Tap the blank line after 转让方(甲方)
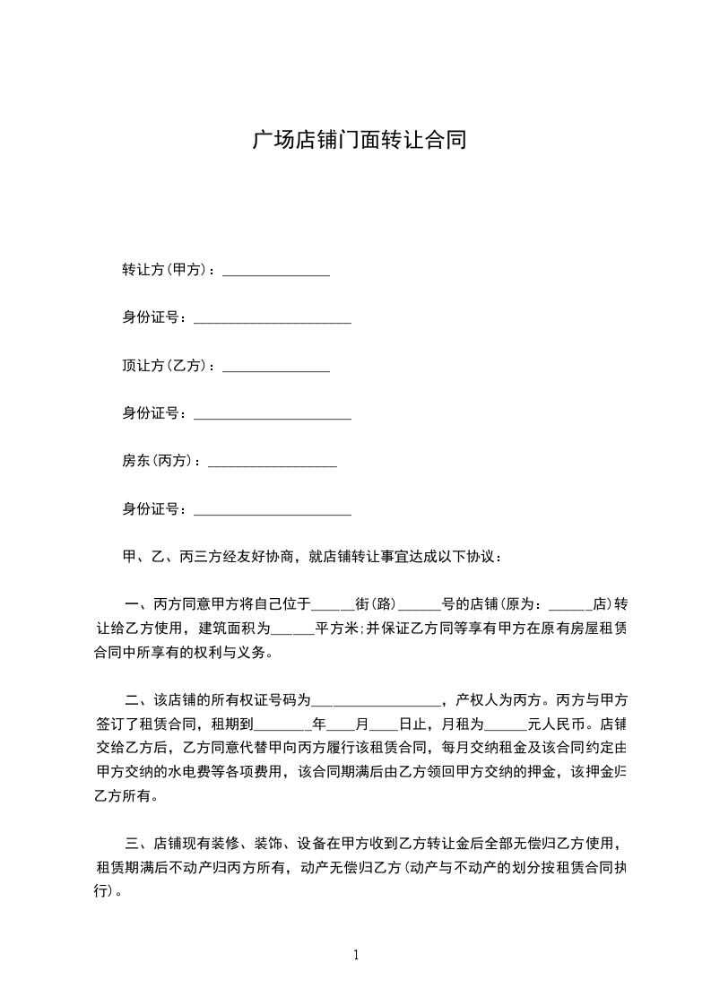click(276, 272)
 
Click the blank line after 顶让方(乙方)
click(276, 368)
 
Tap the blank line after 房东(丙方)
click(272, 464)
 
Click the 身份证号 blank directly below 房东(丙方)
click(273, 512)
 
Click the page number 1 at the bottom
click(356, 955)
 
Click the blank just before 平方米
click(291, 629)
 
